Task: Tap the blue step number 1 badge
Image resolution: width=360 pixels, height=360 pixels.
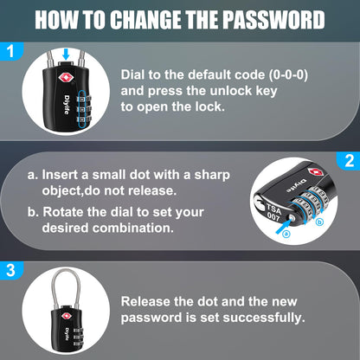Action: [11, 52]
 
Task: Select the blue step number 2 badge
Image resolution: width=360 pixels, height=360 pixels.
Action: [349, 161]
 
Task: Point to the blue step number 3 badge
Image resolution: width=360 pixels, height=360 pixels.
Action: [11, 270]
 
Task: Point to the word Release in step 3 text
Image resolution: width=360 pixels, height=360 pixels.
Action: [150, 301]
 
